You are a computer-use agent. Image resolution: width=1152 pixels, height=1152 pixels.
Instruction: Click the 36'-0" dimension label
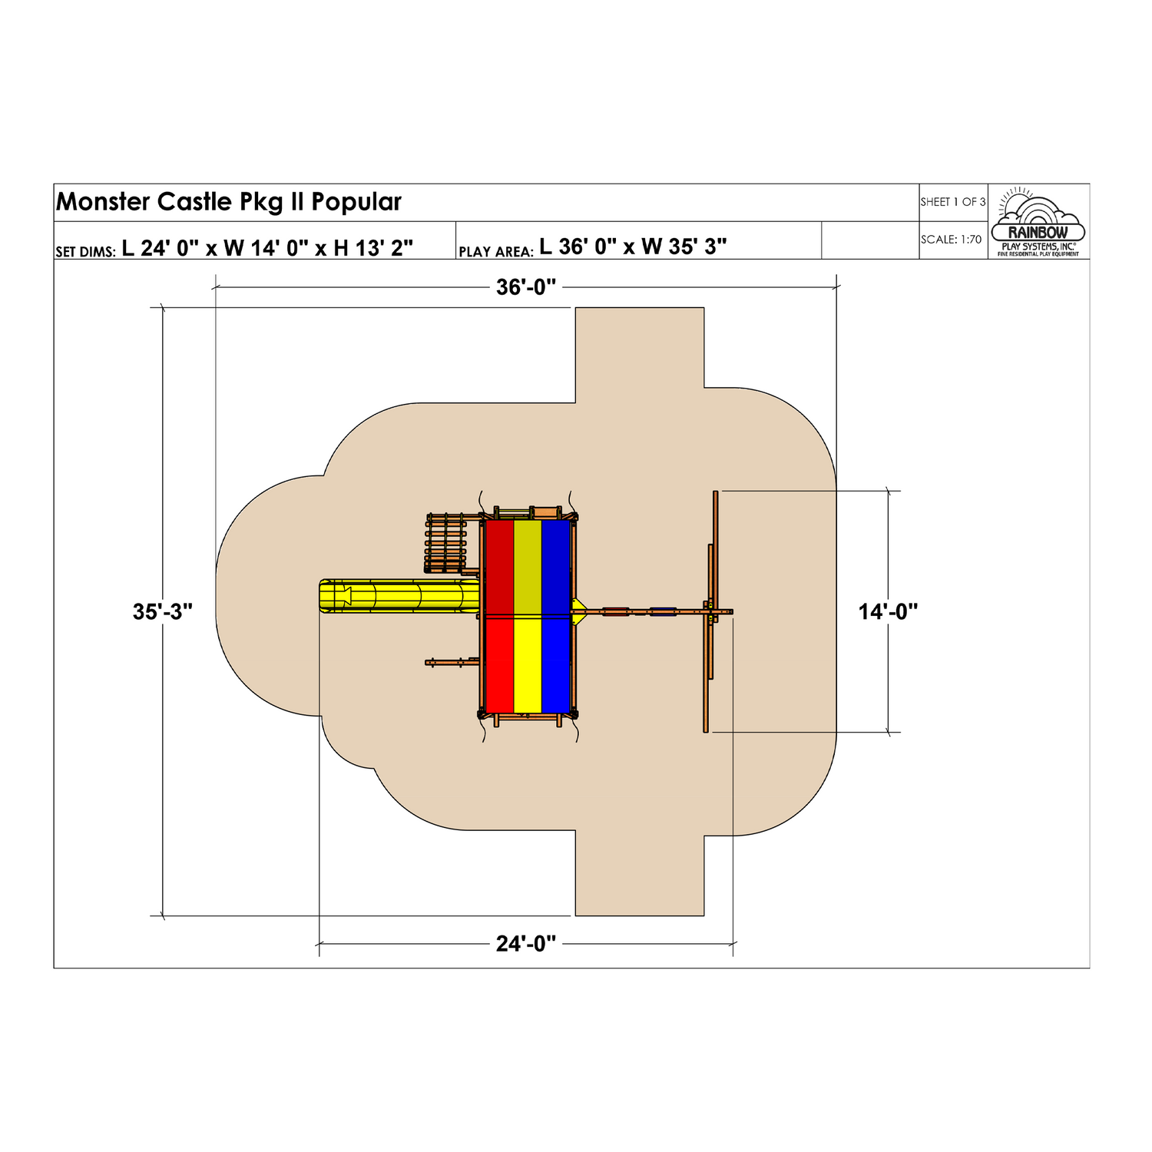tap(526, 287)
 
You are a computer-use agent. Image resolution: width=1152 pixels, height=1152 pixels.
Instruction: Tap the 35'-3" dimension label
tap(163, 612)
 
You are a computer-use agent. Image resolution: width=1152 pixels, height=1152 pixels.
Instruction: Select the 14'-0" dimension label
tap(888, 612)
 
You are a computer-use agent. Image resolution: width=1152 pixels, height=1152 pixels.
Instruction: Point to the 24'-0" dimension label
tap(526, 943)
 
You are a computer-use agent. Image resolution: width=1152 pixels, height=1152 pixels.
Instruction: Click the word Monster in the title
tap(104, 202)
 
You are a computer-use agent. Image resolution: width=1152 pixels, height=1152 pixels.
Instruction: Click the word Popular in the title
tap(356, 202)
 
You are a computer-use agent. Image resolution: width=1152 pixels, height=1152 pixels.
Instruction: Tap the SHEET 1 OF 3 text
tap(952, 202)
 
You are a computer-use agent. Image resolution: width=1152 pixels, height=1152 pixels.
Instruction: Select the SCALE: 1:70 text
tap(952, 240)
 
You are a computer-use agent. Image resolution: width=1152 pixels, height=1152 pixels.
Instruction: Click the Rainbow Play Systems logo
tap(1038, 223)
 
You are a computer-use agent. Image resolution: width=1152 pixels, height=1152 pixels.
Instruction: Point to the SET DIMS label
tap(85, 251)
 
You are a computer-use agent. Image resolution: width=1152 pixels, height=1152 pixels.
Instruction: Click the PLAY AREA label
tap(496, 251)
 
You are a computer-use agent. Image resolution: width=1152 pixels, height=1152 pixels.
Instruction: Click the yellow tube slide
tap(399, 596)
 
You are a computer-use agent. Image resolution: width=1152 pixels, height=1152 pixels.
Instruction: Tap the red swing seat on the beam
tap(615, 612)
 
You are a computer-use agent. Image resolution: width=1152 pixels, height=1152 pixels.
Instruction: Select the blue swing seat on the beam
tap(663, 612)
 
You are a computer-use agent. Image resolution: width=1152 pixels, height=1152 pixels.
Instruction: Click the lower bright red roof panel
tap(499, 664)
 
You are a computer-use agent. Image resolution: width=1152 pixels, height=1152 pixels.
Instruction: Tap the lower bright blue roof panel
tap(557, 664)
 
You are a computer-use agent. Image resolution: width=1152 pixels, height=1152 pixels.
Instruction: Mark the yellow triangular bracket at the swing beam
tap(579, 612)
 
